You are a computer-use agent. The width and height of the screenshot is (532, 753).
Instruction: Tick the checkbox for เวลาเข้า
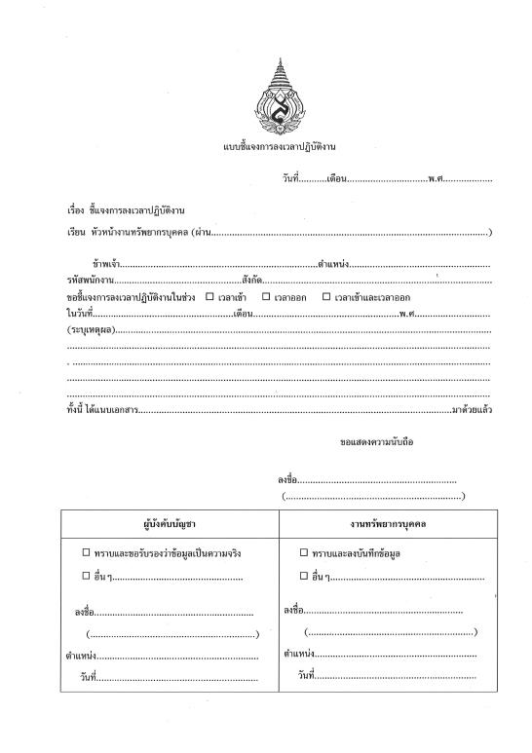tap(209, 296)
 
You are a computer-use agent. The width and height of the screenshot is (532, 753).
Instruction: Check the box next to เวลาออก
tap(266, 296)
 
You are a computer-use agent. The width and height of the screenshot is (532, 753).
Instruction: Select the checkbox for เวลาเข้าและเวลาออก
tap(326, 296)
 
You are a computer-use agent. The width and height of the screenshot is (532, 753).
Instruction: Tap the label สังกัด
tap(250, 281)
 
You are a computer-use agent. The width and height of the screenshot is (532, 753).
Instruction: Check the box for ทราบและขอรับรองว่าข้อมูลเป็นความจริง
tap(86, 552)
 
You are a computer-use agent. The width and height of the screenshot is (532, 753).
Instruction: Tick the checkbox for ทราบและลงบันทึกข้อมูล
tap(304, 552)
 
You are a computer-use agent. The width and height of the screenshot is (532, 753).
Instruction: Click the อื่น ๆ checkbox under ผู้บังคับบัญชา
tap(86, 576)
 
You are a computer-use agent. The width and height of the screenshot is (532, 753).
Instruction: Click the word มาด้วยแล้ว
tap(471, 409)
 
